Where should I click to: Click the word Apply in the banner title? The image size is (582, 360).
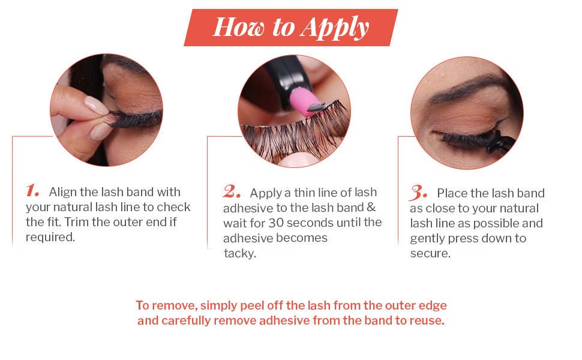(x=334, y=28)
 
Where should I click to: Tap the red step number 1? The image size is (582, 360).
(x=32, y=190)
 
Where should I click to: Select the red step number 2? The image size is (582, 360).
(x=231, y=191)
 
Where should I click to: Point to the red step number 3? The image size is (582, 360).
(x=418, y=193)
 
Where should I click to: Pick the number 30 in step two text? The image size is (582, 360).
(x=276, y=223)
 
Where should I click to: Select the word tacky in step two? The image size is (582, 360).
(x=240, y=253)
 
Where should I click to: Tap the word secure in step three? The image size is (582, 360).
(x=430, y=253)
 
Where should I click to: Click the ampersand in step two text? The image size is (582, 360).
(x=371, y=207)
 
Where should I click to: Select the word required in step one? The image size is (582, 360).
(x=50, y=237)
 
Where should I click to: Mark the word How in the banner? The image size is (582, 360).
(x=239, y=27)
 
